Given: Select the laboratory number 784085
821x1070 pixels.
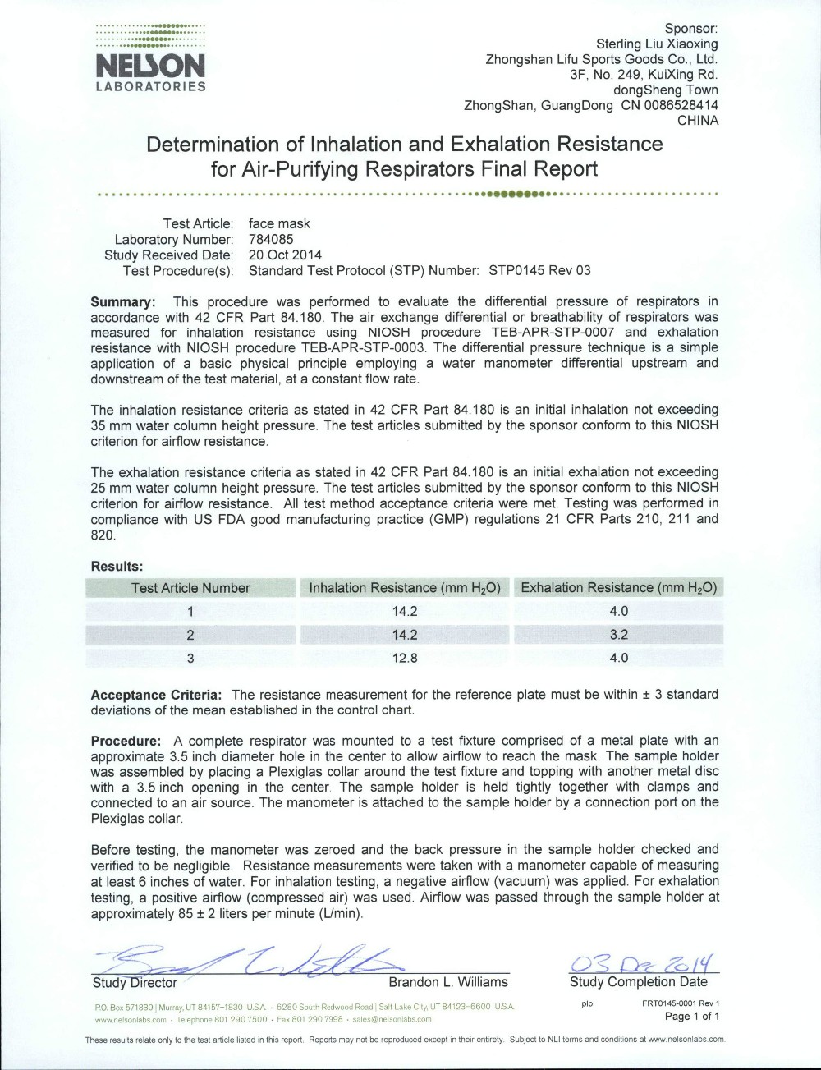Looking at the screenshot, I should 271,239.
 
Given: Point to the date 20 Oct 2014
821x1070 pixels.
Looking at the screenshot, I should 285,255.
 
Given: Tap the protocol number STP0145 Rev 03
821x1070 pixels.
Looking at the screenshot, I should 539,270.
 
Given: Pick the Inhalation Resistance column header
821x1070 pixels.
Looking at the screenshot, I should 405,588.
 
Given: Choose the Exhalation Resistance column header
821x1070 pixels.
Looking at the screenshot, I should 618,588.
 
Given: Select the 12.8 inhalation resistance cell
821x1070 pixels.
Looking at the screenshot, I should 405,658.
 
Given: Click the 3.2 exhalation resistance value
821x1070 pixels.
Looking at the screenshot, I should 618,635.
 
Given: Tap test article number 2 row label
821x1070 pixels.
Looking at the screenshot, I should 190,635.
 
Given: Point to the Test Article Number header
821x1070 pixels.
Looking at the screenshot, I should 190,588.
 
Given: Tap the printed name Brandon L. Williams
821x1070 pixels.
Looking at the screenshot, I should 448,982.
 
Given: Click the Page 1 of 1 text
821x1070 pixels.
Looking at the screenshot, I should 691,1017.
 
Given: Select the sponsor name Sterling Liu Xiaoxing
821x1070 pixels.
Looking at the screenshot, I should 657,44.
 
